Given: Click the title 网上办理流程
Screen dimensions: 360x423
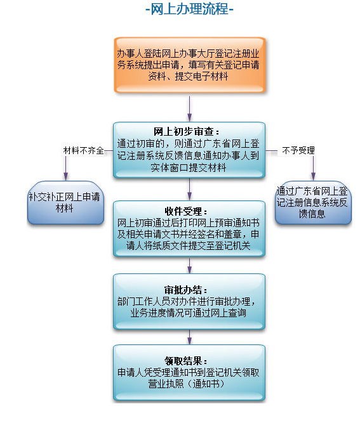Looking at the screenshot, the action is [x=189, y=9].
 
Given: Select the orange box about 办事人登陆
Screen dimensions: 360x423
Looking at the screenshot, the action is [x=190, y=65].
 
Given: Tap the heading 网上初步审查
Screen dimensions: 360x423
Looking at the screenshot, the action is [x=186, y=132].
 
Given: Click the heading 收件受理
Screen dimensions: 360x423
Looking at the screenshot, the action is [x=186, y=211].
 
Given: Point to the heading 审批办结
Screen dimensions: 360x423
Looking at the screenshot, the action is [x=186, y=290].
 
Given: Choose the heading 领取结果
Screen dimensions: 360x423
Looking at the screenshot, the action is [x=186, y=361].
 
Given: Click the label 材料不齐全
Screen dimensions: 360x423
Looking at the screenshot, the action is [x=83, y=150].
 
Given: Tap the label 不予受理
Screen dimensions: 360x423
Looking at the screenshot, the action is [x=298, y=150].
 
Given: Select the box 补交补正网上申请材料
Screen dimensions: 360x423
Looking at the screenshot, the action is [x=65, y=202].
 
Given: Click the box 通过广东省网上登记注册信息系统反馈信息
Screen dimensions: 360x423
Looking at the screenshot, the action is [x=313, y=202].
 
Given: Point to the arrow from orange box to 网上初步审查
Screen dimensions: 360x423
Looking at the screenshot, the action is [x=190, y=108].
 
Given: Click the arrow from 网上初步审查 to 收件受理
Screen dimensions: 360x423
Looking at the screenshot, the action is [x=190, y=189].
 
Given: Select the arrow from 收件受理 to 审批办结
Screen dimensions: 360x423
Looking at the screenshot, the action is [x=190, y=266].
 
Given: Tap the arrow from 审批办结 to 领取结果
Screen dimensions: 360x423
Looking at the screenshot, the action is [x=190, y=337].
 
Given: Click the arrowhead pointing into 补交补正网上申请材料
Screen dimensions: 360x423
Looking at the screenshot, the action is [x=65, y=177].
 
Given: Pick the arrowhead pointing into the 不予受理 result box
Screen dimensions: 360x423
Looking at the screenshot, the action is [x=313, y=177].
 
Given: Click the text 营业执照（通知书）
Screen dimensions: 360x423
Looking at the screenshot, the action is [x=186, y=384].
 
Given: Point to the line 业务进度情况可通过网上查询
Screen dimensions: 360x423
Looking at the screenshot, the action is [x=188, y=313].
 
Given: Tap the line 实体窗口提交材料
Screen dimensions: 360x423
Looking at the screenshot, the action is [x=188, y=168].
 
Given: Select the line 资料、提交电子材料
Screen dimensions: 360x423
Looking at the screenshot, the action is [x=188, y=76].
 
